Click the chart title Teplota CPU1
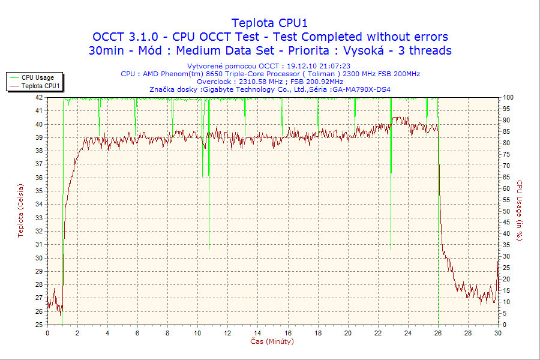click(270, 23)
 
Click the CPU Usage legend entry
click(37, 77)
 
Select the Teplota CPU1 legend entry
click(40, 86)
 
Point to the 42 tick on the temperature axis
click(39, 97)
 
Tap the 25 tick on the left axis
click(39, 325)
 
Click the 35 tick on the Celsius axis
click(39, 191)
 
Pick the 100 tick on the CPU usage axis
click(508, 97)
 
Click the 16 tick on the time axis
click(288, 333)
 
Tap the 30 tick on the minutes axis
click(498, 333)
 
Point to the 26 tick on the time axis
click(438, 333)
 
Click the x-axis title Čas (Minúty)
click(272, 341)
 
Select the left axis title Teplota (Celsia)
click(21, 211)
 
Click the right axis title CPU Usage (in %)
click(520, 211)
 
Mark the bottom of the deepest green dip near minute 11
click(209, 248)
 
